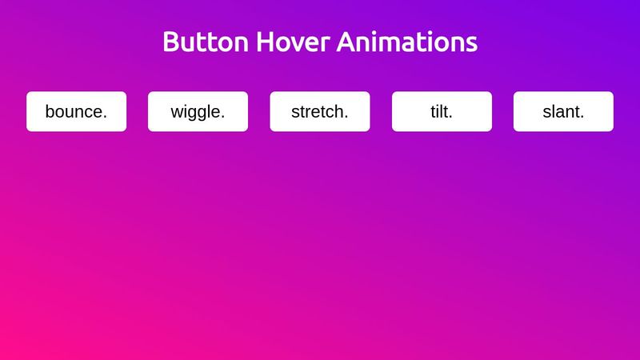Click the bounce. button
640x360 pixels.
(76, 111)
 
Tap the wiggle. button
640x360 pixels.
(198, 111)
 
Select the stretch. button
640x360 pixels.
(319, 111)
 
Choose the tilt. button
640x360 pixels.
(442, 111)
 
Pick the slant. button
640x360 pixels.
(563, 111)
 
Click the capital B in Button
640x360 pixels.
(170, 42)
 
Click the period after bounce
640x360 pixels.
(105, 117)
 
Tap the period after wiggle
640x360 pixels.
(222, 117)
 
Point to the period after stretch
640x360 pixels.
(346, 117)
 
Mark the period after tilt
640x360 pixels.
(450, 117)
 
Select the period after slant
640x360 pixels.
(582, 117)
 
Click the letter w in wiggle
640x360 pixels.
(177, 113)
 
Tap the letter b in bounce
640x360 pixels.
(50, 111)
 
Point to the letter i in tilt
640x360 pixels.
(438, 111)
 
